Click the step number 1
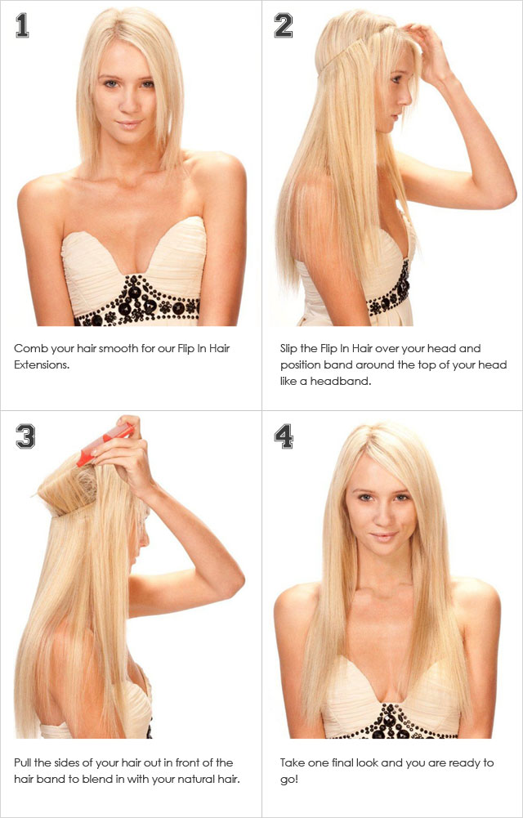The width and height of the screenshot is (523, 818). click(22, 26)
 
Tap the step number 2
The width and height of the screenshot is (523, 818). click(283, 26)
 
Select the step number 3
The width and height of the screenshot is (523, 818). click(25, 436)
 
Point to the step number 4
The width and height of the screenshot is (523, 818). click(284, 436)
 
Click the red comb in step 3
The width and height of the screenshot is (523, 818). click(105, 444)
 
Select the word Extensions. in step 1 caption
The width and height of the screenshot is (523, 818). click(42, 364)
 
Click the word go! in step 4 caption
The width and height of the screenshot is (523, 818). click(289, 780)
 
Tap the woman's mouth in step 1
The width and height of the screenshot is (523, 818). click(129, 124)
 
